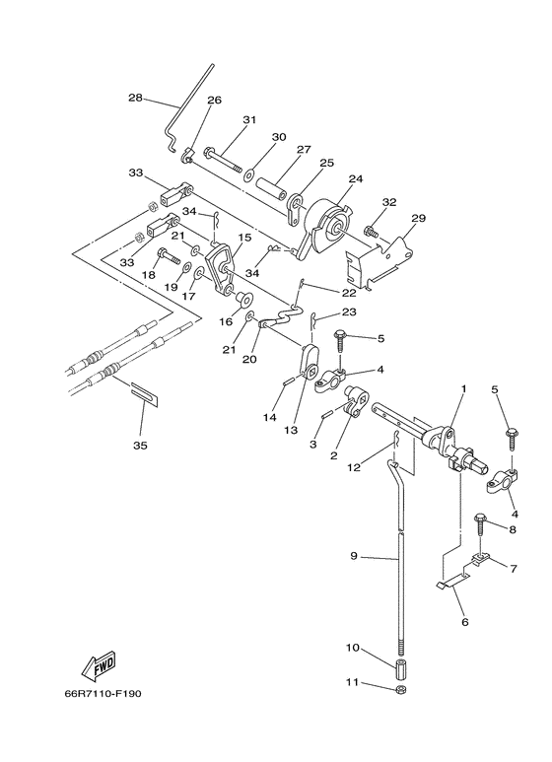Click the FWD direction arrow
99,663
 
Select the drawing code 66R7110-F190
103,693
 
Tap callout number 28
136,98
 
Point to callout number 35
140,446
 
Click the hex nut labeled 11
401,689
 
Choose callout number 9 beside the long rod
354,555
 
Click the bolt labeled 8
481,524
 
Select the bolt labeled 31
223,160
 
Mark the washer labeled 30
250,173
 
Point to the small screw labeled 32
372,232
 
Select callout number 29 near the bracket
418,218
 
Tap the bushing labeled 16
241,298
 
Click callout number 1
463,388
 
